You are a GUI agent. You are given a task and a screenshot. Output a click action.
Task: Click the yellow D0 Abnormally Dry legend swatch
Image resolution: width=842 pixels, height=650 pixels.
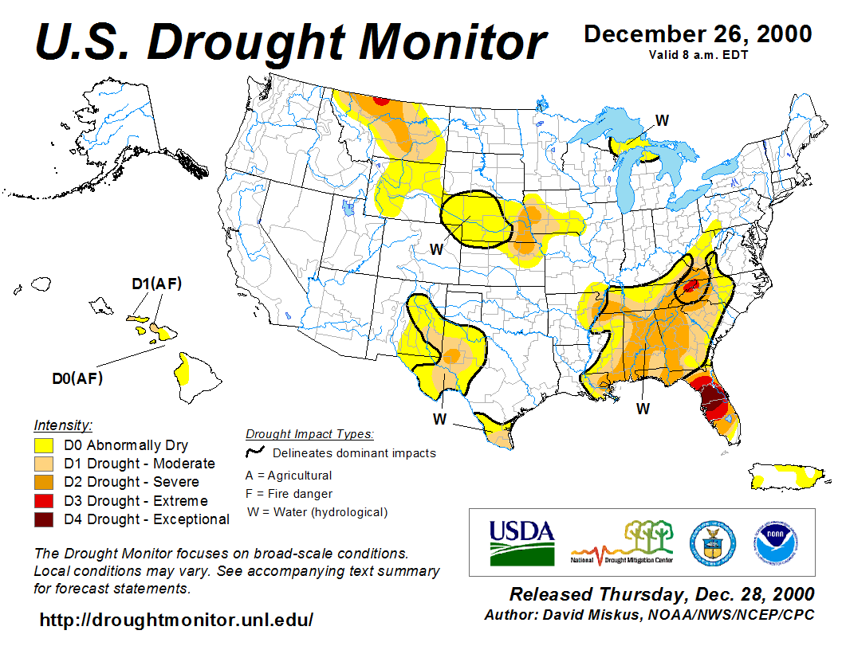click(44, 445)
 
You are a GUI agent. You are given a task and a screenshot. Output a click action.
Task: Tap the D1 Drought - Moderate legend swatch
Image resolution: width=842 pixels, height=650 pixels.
click(44, 464)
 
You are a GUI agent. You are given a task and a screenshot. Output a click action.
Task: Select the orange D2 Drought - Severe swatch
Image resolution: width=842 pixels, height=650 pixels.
click(44, 482)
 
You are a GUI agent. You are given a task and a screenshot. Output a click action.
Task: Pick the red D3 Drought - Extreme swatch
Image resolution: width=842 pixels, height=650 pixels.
click(44, 501)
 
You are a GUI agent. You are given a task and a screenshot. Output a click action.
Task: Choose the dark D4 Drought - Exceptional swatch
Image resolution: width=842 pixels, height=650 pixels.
click(44, 519)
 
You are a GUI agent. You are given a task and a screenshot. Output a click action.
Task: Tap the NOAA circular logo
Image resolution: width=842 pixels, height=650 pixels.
click(773, 542)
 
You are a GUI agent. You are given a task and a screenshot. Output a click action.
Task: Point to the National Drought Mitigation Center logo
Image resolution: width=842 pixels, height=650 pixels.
click(623, 542)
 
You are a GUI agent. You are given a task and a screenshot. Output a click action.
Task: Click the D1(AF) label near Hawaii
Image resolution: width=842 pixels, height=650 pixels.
click(156, 284)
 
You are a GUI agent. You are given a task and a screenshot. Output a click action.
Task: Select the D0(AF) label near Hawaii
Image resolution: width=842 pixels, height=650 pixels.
click(77, 378)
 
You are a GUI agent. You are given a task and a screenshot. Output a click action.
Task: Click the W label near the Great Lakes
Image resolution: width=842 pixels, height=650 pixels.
click(662, 120)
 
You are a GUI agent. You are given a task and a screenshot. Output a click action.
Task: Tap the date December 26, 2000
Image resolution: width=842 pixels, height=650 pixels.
click(698, 34)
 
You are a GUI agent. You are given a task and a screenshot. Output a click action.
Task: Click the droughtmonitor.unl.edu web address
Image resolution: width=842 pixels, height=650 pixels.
click(176, 619)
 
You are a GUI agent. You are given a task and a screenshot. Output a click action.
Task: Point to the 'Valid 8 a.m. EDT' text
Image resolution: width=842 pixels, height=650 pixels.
click(698, 54)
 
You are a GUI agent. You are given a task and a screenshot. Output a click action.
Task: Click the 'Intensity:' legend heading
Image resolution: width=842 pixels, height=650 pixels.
click(63, 425)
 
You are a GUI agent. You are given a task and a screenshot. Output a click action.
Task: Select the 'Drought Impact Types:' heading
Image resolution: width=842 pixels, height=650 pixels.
click(309, 434)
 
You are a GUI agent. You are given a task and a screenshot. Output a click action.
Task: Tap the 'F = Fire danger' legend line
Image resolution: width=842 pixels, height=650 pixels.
click(289, 494)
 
